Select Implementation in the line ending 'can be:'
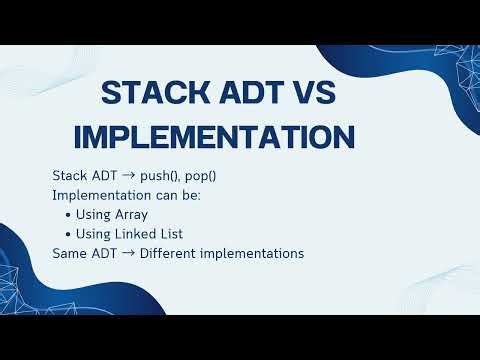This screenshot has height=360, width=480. (97, 195)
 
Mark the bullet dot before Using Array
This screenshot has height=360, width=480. (67, 215)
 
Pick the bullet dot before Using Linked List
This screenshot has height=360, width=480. (67, 234)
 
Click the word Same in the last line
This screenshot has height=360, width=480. (68, 253)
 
